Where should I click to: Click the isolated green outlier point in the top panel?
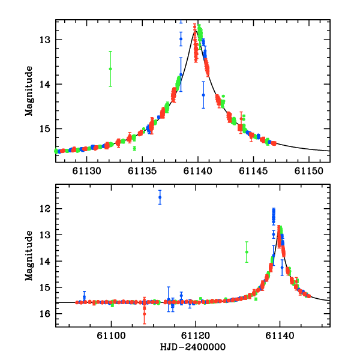click(x=110, y=68)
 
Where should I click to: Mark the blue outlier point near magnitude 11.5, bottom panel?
click(x=160, y=197)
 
